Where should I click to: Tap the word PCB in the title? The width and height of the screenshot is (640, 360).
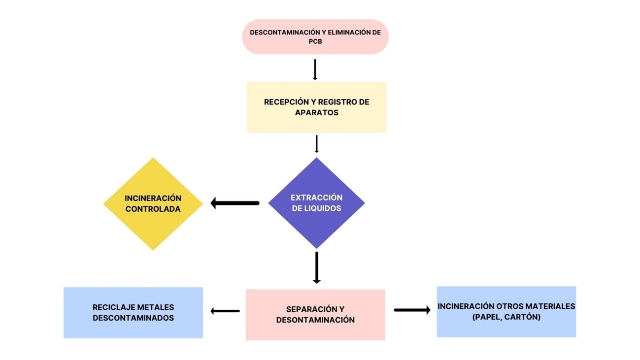click(315, 42)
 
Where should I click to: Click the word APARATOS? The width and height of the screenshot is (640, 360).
click(316, 113)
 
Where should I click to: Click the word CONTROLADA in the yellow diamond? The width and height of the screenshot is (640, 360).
click(153, 209)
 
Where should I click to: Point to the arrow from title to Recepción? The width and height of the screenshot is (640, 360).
click(315, 69)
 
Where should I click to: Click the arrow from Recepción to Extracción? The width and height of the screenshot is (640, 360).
click(316, 144)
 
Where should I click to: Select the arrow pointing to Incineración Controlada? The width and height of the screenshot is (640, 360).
click(235, 203)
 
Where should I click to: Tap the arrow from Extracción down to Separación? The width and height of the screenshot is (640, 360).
click(316, 267)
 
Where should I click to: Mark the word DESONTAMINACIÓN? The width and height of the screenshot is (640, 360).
click(315, 320)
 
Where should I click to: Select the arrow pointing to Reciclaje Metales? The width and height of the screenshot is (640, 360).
click(225, 311)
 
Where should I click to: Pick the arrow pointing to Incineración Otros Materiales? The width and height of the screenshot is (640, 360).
click(412, 310)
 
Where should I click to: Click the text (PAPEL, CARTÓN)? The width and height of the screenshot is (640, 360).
click(506, 317)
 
